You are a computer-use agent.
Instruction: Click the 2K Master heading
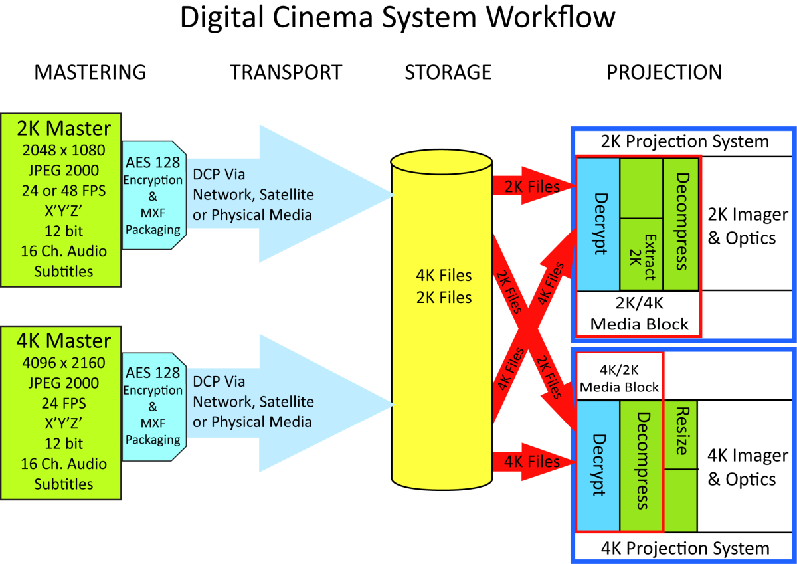click(x=64, y=128)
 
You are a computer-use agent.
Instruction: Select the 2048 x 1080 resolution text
click(x=64, y=150)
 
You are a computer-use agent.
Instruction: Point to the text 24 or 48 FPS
click(x=64, y=191)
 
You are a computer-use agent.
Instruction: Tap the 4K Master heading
click(x=64, y=341)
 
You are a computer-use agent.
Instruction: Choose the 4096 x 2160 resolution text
click(x=64, y=363)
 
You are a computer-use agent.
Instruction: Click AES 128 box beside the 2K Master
click(x=153, y=195)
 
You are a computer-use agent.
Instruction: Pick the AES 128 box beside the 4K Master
click(x=153, y=405)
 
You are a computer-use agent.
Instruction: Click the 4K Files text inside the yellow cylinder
click(x=444, y=276)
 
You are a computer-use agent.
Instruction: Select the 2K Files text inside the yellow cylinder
click(x=444, y=297)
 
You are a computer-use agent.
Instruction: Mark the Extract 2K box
click(x=641, y=254)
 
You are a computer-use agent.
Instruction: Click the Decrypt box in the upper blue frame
click(x=598, y=223)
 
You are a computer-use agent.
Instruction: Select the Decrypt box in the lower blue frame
click(x=598, y=465)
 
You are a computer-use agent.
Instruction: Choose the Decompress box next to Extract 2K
click(x=681, y=223)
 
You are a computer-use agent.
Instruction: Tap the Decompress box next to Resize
click(x=642, y=465)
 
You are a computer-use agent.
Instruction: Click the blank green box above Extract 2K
click(x=641, y=188)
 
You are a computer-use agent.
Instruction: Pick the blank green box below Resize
click(x=680, y=500)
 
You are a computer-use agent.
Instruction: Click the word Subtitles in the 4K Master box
click(x=64, y=484)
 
